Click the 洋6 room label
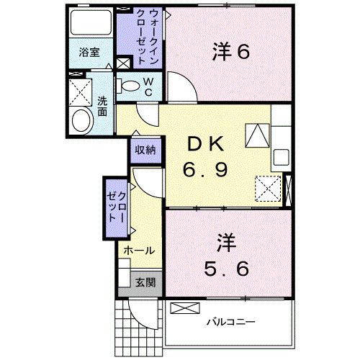(x=230, y=52)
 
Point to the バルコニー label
(x=231, y=322)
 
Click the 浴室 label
(x=89, y=53)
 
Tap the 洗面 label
(x=102, y=107)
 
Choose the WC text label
(x=148, y=88)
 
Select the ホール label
(x=138, y=251)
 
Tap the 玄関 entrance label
(x=145, y=283)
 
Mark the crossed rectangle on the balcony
(x=184, y=308)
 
